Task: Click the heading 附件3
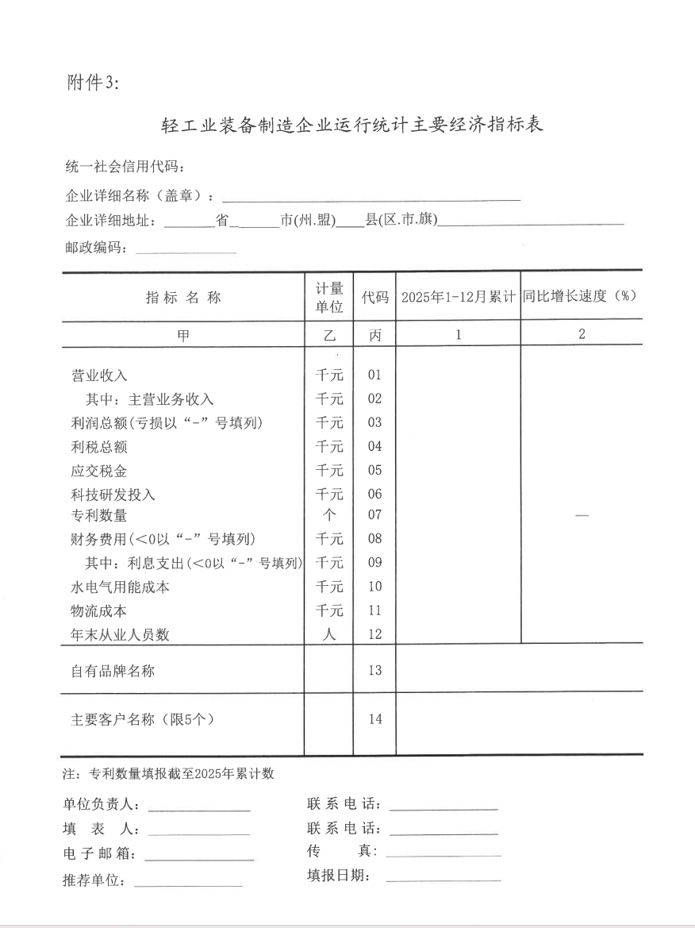click(x=92, y=83)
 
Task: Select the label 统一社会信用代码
click(x=125, y=167)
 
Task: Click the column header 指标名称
click(x=183, y=298)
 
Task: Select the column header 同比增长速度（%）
click(x=581, y=296)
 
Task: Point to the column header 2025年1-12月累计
click(x=458, y=298)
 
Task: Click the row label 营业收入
click(x=99, y=375)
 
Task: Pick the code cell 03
click(x=374, y=423)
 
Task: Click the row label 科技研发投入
click(x=113, y=495)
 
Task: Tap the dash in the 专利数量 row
click(x=582, y=516)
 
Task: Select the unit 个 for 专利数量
click(x=329, y=515)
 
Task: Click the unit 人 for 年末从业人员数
click(x=329, y=634)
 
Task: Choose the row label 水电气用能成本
click(x=121, y=587)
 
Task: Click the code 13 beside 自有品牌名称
click(x=374, y=671)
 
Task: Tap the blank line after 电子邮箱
click(x=198, y=857)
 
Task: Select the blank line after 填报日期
click(x=443, y=879)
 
